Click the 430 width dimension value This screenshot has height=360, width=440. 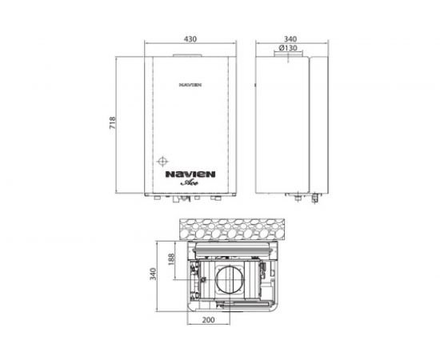click(x=190, y=38)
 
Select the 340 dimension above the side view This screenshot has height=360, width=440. click(x=290, y=38)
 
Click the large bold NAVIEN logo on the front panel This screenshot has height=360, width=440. click(x=190, y=171)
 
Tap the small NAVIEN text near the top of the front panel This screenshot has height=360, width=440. click(x=190, y=82)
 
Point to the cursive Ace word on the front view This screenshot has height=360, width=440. click(x=190, y=182)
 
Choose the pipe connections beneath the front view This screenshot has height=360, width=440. click(x=190, y=197)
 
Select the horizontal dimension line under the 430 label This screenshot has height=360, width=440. click(x=190, y=46)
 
